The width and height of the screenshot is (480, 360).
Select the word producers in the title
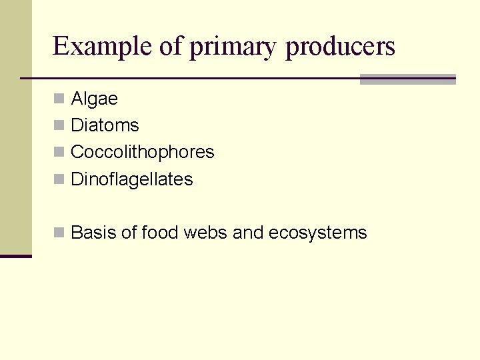click(340, 48)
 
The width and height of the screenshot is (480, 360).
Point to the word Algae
click(94, 99)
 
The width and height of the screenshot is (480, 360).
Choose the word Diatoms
click(105, 125)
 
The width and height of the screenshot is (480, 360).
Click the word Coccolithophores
click(142, 153)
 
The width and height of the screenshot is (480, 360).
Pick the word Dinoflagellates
click(131, 179)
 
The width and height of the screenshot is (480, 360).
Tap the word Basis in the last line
click(93, 233)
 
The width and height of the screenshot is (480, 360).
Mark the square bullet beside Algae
click(59, 99)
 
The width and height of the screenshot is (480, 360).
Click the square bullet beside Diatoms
click(59, 125)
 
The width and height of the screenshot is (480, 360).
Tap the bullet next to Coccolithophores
click(59, 152)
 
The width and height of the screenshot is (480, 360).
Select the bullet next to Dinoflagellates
click(59, 179)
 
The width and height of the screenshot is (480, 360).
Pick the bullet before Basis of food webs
click(59, 232)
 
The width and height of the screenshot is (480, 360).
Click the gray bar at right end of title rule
click(407, 79)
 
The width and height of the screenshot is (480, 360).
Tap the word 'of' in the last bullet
click(129, 233)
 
